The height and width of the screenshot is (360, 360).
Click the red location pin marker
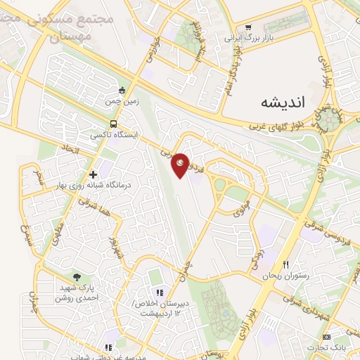pyautogui.click(x=181, y=165)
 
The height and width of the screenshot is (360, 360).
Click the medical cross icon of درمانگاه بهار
pyautogui.click(x=93, y=174)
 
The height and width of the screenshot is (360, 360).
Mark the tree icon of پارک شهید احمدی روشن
pyautogui.click(x=77, y=277)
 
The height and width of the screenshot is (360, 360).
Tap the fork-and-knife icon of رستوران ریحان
pyautogui.click(x=285, y=264)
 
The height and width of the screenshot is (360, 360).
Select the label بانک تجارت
pyautogui.click(x=326, y=347)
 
